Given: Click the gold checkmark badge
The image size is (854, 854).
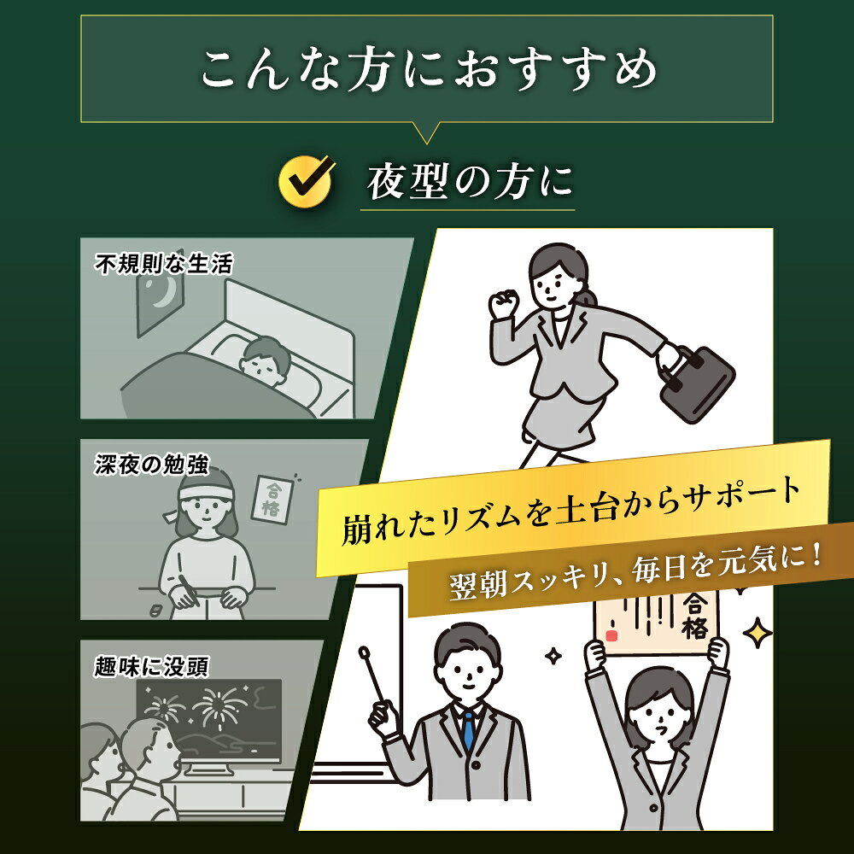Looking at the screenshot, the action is (x=306, y=181).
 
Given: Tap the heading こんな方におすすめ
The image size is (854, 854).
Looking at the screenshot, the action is (x=429, y=69).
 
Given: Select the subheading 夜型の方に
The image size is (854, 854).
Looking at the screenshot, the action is (x=471, y=182).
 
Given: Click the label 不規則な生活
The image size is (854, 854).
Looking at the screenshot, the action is (x=163, y=265).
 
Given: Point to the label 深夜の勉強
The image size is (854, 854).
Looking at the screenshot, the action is (x=152, y=465).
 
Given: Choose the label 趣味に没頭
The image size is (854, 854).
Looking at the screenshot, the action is (x=151, y=666).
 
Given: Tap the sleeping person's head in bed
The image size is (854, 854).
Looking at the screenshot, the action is (x=266, y=360).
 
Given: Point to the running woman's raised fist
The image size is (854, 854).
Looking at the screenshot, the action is (x=504, y=305).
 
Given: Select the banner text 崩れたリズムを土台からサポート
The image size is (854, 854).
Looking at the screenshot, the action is (x=571, y=511).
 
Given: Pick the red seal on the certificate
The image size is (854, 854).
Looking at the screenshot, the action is (x=611, y=635).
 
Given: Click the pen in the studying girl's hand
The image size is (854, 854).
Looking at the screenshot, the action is (x=187, y=590).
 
